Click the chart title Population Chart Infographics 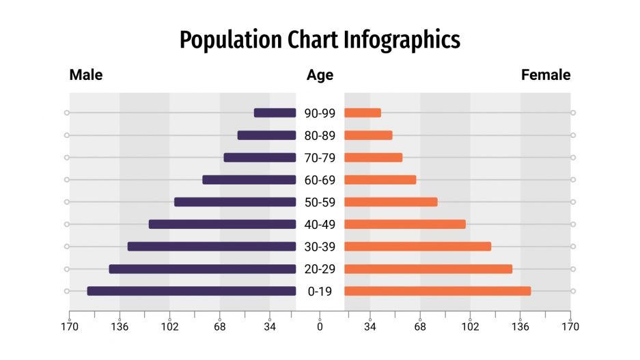[x=320, y=40]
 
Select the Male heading [x=86, y=75]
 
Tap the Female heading [x=546, y=75]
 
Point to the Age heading [x=320, y=75]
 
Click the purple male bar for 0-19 [x=191, y=291]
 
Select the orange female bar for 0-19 [x=437, y=291]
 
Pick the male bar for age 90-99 [x=275, y=113]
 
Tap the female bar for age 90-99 [x=363, y=113]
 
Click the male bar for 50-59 [x=235, y=202]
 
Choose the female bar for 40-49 [x=405, y=224]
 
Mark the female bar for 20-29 [x=428, y=268]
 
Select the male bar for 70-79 [x=260, y=158]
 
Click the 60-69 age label [x=320, y=180]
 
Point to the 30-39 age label [x=320, y=247]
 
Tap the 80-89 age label [x=320, y=135]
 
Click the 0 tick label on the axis [x=320, y=327]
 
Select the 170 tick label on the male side [x=70, y=327]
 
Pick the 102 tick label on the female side [x=470, y=327]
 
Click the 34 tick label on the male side [x=270, y=327]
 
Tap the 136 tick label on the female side [x=520, y=327]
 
